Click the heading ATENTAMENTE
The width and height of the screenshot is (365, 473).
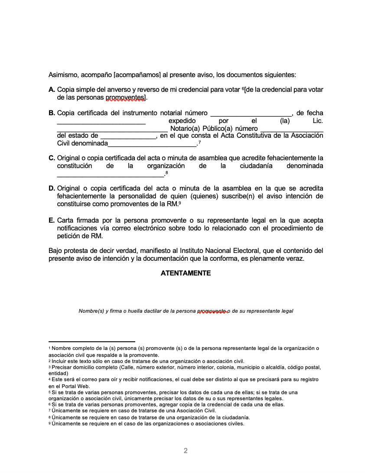(x=186, y=273)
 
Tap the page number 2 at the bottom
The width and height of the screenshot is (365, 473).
(x=186, y=451)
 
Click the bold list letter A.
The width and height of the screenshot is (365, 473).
(x=52, y=90)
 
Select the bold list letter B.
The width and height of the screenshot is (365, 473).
(x=52, y=113)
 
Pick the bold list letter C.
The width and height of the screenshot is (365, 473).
(x=52, y=158)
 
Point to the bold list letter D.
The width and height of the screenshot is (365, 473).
(x=52, y=188)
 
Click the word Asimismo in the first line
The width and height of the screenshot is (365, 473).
(x=63, y=75)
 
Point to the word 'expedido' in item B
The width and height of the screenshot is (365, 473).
(x=182, y=121)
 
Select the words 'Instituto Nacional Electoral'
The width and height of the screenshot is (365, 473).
(x=221, y=251)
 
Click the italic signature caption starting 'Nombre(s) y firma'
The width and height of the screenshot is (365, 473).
(x=186, y=311)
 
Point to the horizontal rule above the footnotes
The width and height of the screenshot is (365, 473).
(x=91, y=341)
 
